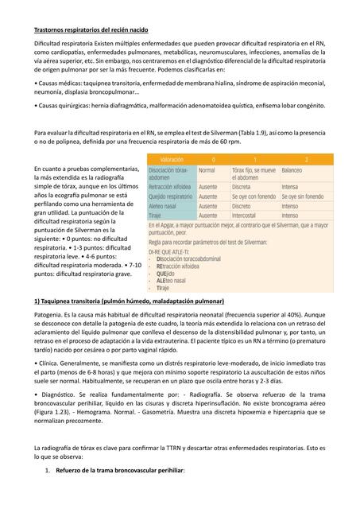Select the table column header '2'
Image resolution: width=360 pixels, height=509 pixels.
[306, 159]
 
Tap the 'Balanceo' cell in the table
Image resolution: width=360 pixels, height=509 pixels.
[292, 170]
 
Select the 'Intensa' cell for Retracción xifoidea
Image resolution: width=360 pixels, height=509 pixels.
[290, 186]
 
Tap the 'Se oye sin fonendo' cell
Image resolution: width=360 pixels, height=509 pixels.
[300, 196]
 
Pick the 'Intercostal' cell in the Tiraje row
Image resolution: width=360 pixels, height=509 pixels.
[246, 215]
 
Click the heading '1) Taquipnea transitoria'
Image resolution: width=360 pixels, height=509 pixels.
[129, 302]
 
